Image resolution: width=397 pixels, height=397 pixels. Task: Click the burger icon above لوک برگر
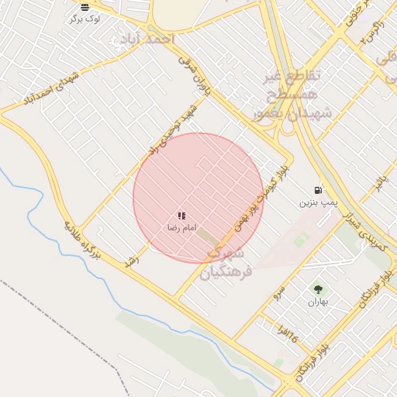tap(85, 7)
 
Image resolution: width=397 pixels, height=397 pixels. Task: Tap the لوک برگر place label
tap(85, 18)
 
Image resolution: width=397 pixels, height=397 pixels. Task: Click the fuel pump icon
tap(319, 190)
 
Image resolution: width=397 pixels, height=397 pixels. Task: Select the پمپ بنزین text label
tap(319, 202)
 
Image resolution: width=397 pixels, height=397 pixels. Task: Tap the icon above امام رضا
tap(181, 216)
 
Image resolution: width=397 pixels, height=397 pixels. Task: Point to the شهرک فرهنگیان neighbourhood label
tap(226, 263)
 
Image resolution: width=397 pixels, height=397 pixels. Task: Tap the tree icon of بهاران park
tap(316, 289)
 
